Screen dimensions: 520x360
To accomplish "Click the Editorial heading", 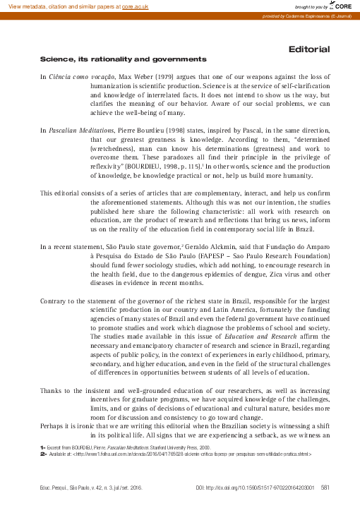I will click(x=309, y=49).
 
